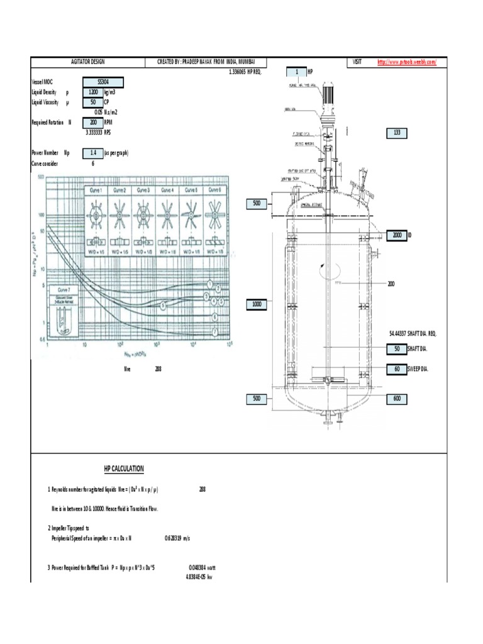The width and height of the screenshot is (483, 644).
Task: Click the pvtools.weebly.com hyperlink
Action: (406, 62)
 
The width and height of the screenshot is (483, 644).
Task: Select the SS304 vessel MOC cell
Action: (103, 82)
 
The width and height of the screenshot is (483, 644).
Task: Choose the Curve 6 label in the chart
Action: (214, 190)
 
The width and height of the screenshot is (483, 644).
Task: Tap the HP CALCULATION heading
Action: (124, 469)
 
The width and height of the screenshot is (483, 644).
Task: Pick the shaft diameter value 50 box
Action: (397, 350)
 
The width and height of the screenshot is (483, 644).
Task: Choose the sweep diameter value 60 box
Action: (397, 369)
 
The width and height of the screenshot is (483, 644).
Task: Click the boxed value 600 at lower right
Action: (397, 399)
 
